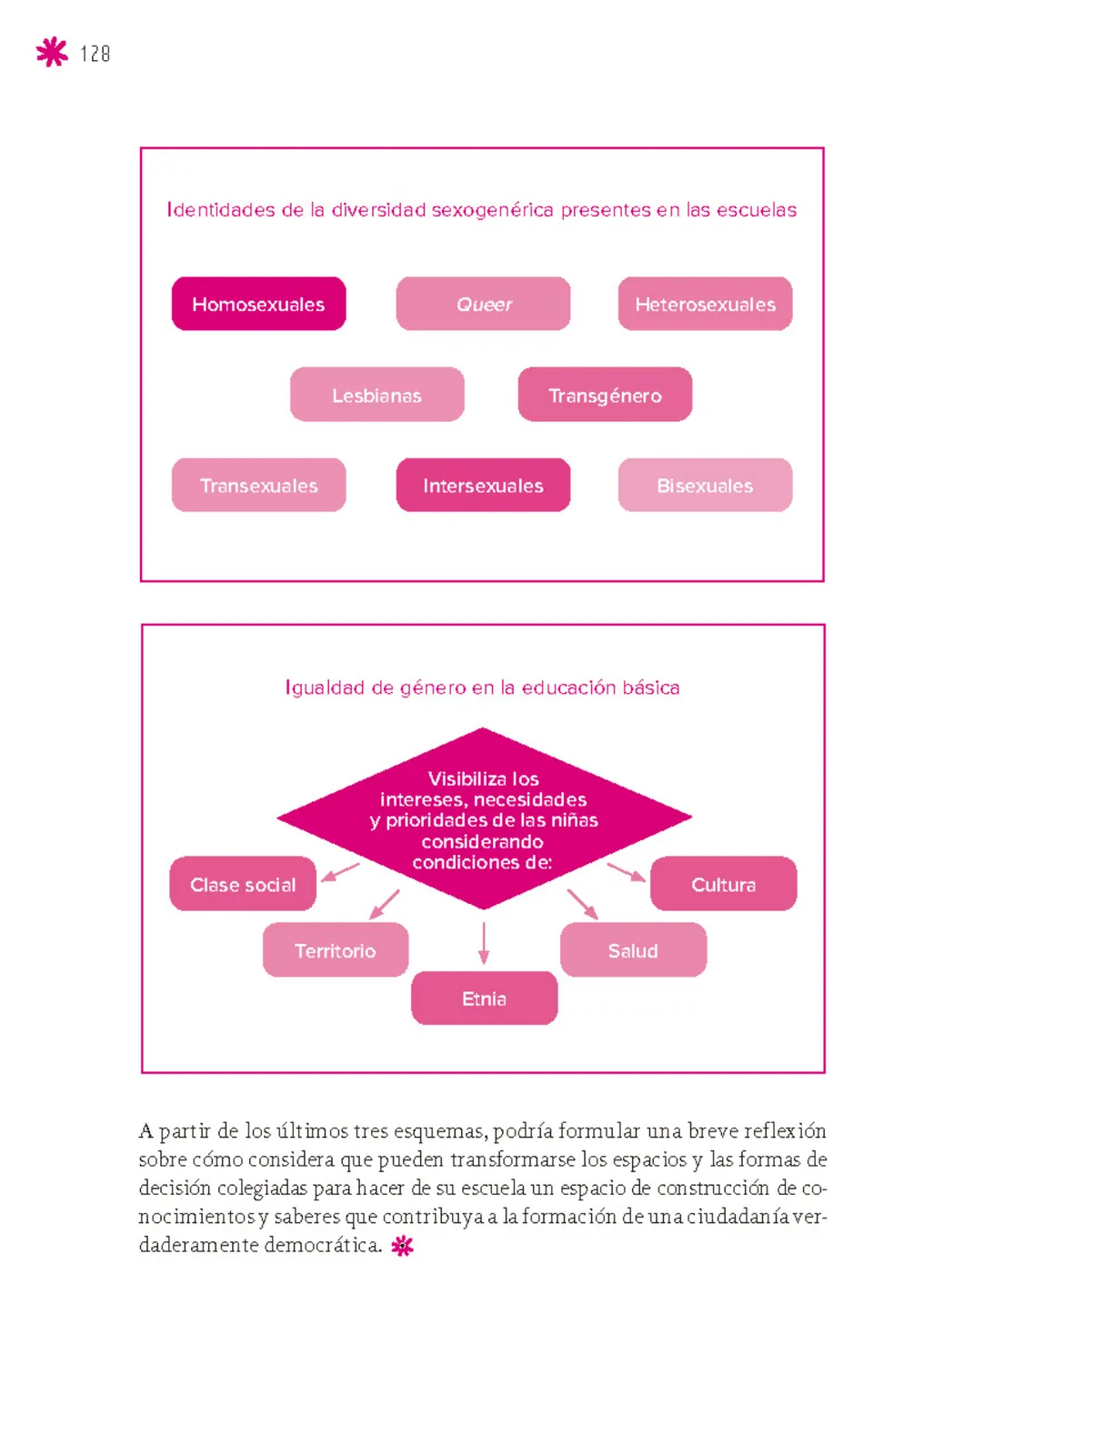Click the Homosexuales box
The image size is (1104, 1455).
point(258,304)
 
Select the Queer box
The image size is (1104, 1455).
point(483,304)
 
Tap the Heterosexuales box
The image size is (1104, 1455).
point(705,304)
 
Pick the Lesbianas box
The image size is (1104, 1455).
point(377,395)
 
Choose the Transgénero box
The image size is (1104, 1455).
point(605,395)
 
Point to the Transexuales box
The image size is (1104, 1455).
point(258,485)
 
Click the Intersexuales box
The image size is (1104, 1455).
point(483,485)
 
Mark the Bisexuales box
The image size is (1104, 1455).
point(705,485)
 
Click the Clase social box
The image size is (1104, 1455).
point(243,884)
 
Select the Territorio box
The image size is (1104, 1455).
point(336,950)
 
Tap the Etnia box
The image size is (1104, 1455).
point(485,998)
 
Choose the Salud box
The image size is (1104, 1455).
point(634,950)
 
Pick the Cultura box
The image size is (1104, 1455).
point(724,884)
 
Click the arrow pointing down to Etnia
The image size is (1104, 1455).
point(484,943)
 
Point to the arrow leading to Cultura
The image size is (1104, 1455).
point(627,872)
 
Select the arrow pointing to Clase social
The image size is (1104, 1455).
point(341,872)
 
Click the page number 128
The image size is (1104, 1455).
point(95,54)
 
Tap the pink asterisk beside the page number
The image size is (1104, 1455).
point(52,53)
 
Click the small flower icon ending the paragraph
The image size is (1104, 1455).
point(402,1246)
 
